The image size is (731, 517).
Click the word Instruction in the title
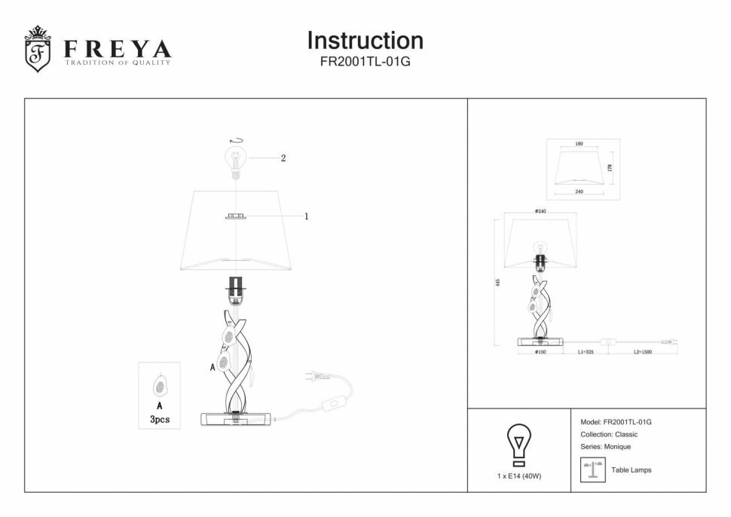[365, 40]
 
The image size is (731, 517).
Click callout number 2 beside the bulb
[283, 158]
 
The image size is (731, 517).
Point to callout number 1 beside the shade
[307, 216]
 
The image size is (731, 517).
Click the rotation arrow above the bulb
[237, 140]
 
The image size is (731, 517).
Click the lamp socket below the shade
[237, 289]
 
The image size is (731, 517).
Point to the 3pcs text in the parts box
[159, 419]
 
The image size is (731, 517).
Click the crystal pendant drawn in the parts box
[160, 387]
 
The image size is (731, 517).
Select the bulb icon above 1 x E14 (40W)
[518, 444]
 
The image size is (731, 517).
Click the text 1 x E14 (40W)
[519, 476]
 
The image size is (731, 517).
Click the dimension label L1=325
[586, 352]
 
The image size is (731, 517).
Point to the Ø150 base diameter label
[540, 352]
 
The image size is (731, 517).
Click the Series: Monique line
[605, 447]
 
